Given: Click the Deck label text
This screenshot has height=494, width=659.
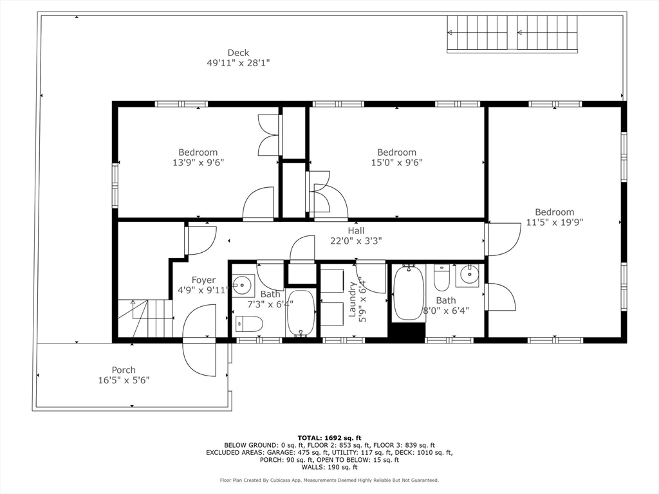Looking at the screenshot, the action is pos(238,53).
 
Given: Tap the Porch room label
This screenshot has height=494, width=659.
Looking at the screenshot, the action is pos(124,370).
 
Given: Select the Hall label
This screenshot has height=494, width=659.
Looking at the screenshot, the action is pos(356,231).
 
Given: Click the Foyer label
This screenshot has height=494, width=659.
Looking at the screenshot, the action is pos(203,280).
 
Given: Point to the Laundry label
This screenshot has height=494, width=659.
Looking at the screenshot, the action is pos(352,299).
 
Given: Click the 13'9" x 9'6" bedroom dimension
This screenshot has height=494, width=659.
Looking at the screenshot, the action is pos(198,163).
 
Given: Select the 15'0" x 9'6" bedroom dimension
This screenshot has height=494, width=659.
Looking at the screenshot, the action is pos(396,163).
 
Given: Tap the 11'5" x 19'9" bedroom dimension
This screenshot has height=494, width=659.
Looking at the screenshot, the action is pos(555,222).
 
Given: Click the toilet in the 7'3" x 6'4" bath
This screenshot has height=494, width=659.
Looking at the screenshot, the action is pos(249,324).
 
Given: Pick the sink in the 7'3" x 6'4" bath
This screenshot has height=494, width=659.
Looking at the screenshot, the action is pos(243,285).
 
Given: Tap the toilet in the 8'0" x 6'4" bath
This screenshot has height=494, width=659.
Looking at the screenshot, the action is pos(441,277).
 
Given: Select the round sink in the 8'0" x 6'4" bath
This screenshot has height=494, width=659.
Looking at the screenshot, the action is pos(468,275).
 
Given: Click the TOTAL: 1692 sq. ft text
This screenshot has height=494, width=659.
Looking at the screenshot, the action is pos(329,438).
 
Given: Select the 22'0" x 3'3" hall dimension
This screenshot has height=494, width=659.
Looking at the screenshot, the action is pos(356,241).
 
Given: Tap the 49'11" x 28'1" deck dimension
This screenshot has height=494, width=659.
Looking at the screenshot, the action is pos(238,63).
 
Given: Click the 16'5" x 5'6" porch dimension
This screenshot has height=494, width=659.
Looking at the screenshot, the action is pos(124,380).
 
